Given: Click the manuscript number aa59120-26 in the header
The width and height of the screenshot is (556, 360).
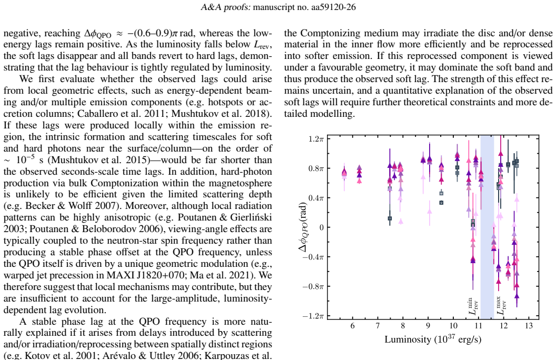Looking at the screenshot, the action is coord(333,7).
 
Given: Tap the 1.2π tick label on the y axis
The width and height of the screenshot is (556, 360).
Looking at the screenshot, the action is coord(316,138).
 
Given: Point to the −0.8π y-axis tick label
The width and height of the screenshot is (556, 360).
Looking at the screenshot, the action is coord(313,286).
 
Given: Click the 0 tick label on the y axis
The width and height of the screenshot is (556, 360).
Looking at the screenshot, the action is coord(322,227).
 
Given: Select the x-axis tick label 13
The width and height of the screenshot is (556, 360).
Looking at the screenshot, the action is coord(529,326).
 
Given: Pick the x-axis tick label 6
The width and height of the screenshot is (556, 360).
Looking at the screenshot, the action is coord(352,326).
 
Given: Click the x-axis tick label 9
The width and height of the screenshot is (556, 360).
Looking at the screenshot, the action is coord(428,326).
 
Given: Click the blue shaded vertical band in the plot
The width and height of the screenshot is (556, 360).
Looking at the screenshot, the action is coord(487,227).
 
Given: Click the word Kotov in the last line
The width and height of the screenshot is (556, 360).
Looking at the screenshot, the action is coord(34,355).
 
